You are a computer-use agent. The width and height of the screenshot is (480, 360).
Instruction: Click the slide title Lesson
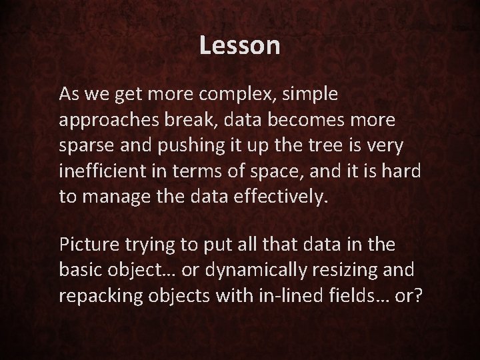pos(240,46)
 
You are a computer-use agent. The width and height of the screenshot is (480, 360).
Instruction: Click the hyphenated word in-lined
pos(261,294)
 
